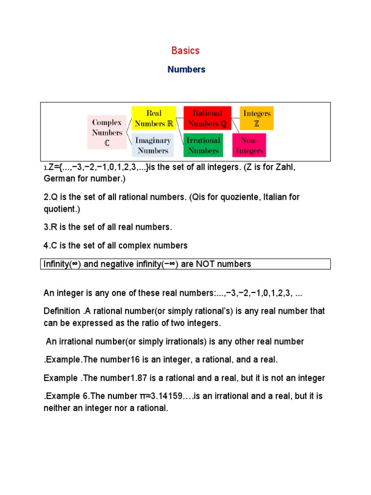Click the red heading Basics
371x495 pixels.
click(x=185, y=51)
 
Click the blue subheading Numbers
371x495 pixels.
click(x=186, y=70)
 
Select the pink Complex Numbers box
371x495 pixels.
click(x=107, y=132)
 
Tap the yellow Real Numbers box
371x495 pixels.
click(x=154, y=118)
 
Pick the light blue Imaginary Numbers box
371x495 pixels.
click(x=153, y=146)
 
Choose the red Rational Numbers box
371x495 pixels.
click(x=207, y=118)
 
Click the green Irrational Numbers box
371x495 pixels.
click(x=203, y=146)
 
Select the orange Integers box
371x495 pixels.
click(x=257, y=118)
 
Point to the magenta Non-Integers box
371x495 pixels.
click(x=250, y=146)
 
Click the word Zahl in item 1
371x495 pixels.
click(x=284, y=167)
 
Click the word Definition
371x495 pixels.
click(x=61, y=311)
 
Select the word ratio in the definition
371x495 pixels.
click(x=146, y=323)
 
